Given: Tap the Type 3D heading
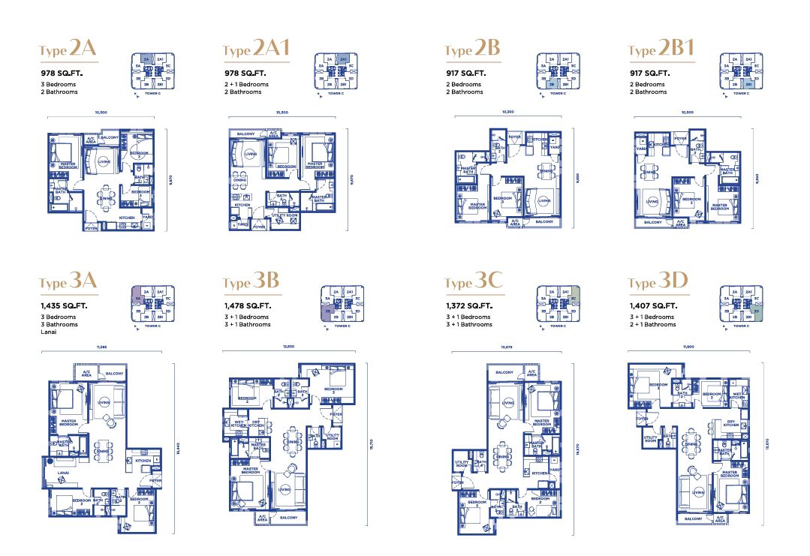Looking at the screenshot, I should click(x=658, y=282).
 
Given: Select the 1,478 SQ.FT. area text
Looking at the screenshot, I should click(x=247, y=306).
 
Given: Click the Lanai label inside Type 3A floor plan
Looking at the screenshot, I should click(x=55, y=473).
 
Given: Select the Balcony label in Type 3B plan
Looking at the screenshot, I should click(x=288, y=517).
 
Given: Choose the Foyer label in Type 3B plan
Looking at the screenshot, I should click(x=336, y=413).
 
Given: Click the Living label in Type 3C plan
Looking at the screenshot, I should click(x=508, y=402).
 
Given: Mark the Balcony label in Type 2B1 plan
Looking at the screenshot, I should click(x=652, y=222).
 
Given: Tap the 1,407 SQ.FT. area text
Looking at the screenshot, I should click(x=652, y=306).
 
